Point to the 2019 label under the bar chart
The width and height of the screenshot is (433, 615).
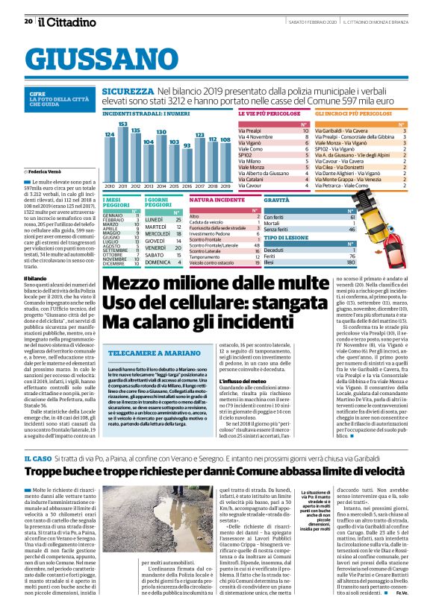coord(225,186)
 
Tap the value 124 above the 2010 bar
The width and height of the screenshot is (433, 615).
coord(109,134)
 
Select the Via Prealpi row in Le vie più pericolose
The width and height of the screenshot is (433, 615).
coord(273,130)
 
